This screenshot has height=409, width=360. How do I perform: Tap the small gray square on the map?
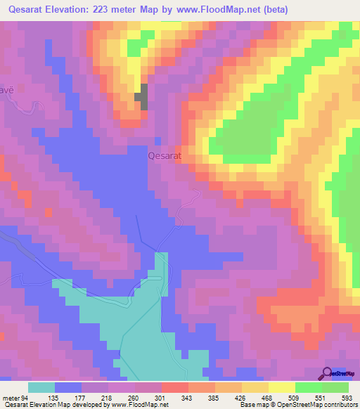[141, 97]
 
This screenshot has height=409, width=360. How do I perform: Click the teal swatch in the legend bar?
[41, 387]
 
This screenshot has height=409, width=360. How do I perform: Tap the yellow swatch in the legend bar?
[282, 387]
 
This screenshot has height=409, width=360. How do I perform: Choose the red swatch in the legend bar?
[175, 387]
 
